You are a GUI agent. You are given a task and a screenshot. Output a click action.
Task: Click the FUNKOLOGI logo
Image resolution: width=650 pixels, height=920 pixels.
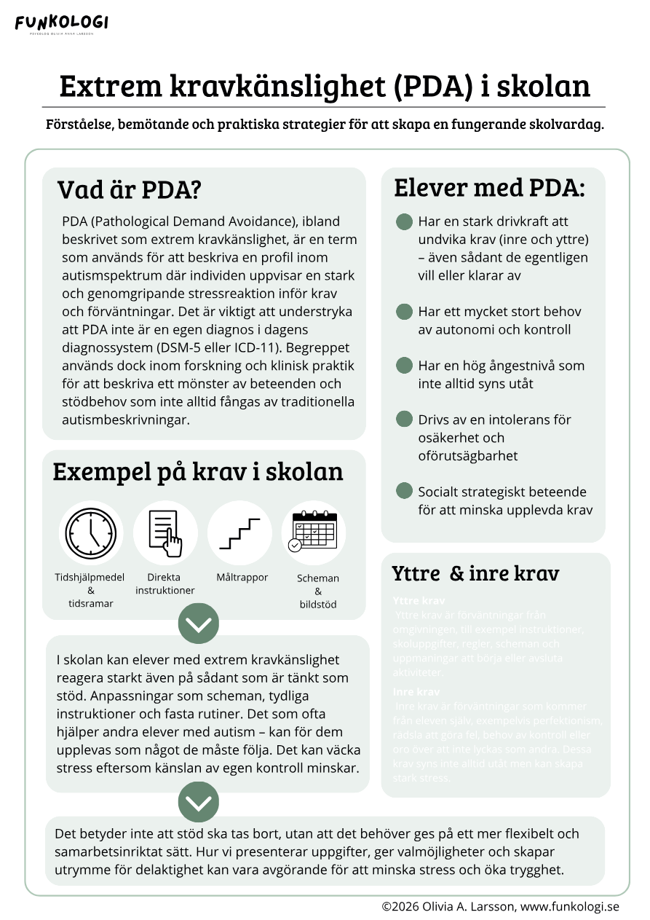tap(61, 23)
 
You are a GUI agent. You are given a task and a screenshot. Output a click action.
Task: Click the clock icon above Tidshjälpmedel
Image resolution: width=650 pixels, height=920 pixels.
tap(91, 532)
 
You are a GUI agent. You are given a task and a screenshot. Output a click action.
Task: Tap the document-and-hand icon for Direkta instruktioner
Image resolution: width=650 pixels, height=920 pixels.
tap(165, 532)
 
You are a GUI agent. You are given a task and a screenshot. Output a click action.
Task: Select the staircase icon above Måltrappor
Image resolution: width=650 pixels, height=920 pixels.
tap(239, 532)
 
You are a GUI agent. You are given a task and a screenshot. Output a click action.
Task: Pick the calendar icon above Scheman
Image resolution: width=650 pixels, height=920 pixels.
tap(314, 532)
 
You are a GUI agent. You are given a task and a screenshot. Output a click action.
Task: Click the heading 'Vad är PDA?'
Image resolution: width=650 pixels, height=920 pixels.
tap(129, 190)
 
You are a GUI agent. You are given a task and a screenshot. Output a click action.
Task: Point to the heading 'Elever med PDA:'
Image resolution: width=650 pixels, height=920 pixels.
tap(489, 187)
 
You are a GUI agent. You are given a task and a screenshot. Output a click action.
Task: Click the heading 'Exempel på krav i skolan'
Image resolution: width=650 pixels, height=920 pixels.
tap(198, 471)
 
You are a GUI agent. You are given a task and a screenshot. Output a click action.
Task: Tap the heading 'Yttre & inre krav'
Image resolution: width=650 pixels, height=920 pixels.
tap(475, 573)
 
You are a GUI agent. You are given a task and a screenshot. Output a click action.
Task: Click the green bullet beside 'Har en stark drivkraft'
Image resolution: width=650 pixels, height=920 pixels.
tap(404, 221)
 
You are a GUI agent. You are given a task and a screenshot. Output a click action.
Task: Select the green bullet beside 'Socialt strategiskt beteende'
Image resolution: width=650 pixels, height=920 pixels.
tap(404, 492)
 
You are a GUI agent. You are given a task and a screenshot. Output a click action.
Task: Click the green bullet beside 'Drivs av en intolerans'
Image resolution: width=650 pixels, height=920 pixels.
tap(404, 420)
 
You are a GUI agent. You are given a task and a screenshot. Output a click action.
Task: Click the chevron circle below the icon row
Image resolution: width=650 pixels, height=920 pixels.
tap(198, 624)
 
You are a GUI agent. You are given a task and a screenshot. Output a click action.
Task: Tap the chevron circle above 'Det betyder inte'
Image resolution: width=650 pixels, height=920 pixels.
tap(198, 802)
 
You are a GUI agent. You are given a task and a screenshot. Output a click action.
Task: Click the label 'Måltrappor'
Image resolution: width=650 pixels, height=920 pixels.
tap(242, 578)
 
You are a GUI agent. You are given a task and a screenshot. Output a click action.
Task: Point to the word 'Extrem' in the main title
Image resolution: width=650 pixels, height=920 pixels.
tap(110, 86)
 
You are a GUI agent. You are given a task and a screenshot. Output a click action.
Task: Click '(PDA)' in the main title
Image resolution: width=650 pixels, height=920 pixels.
tap(432, 86)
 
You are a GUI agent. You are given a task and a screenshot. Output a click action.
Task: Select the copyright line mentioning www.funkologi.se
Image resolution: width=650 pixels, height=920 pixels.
tap(500, 907)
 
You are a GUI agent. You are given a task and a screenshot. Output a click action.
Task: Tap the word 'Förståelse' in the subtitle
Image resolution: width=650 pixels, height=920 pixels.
tap(76, 125)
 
